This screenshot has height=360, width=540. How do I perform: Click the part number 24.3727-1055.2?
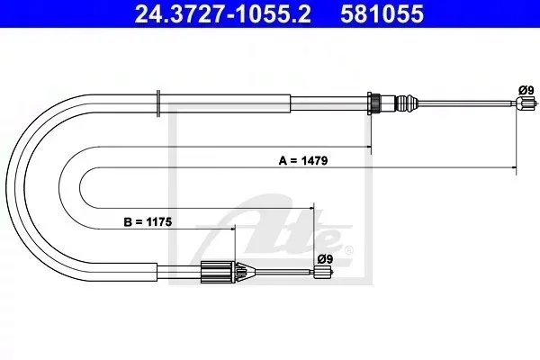pos(222,13)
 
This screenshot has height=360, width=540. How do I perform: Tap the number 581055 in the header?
pos(382,13)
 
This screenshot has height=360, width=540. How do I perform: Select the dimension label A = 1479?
pos(303,160)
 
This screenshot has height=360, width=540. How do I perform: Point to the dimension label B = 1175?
pos(148,222)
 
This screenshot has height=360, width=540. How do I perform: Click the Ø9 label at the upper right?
pos(526,90)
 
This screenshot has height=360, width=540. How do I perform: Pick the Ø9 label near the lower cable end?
pos(325,258)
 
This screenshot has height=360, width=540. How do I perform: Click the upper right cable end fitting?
pos(526,103)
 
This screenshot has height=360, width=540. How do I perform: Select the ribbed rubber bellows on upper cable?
pos(406,103)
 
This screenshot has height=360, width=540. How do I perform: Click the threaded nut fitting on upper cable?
pos(374,103)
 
